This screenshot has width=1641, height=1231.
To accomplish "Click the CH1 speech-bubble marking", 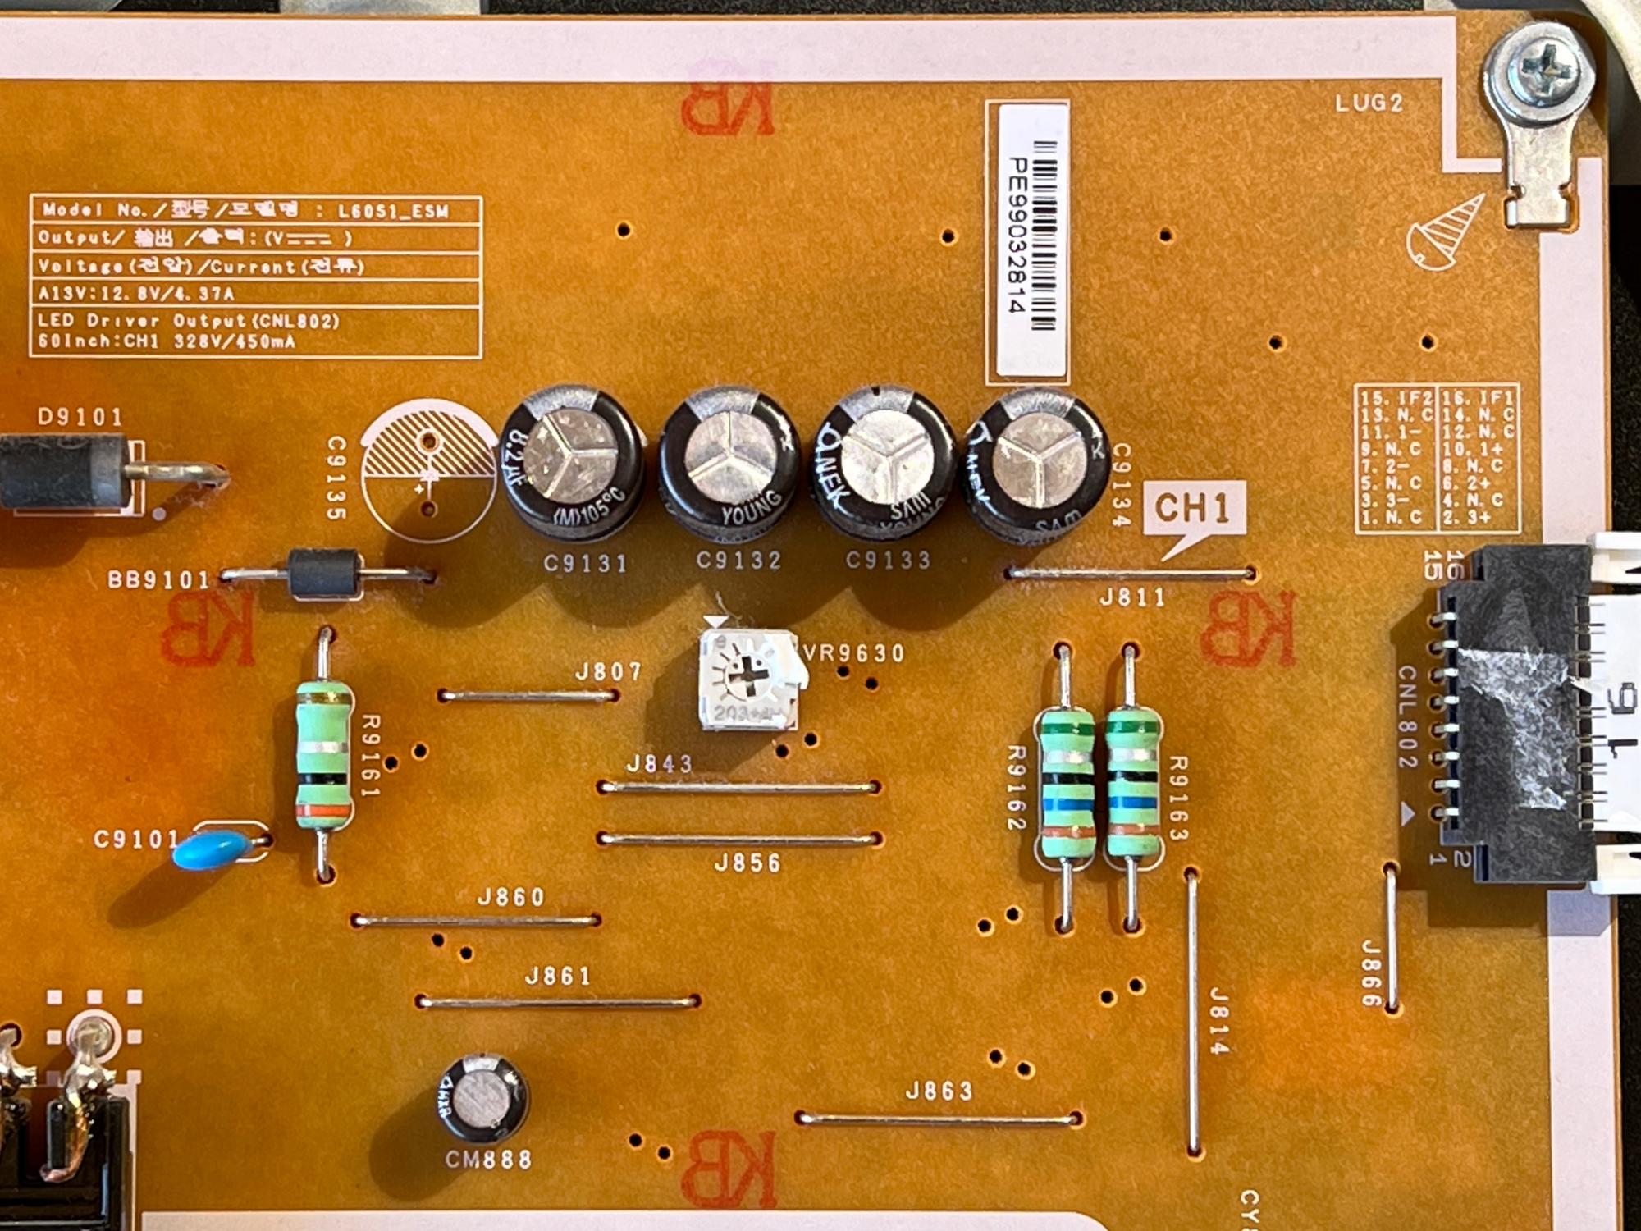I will [1193, 509].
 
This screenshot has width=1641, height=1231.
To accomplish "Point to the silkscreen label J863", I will [939, 1091].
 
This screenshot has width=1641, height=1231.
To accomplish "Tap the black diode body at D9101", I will [62, 472].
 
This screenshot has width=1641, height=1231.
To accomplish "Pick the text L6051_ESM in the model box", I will [394, 212].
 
